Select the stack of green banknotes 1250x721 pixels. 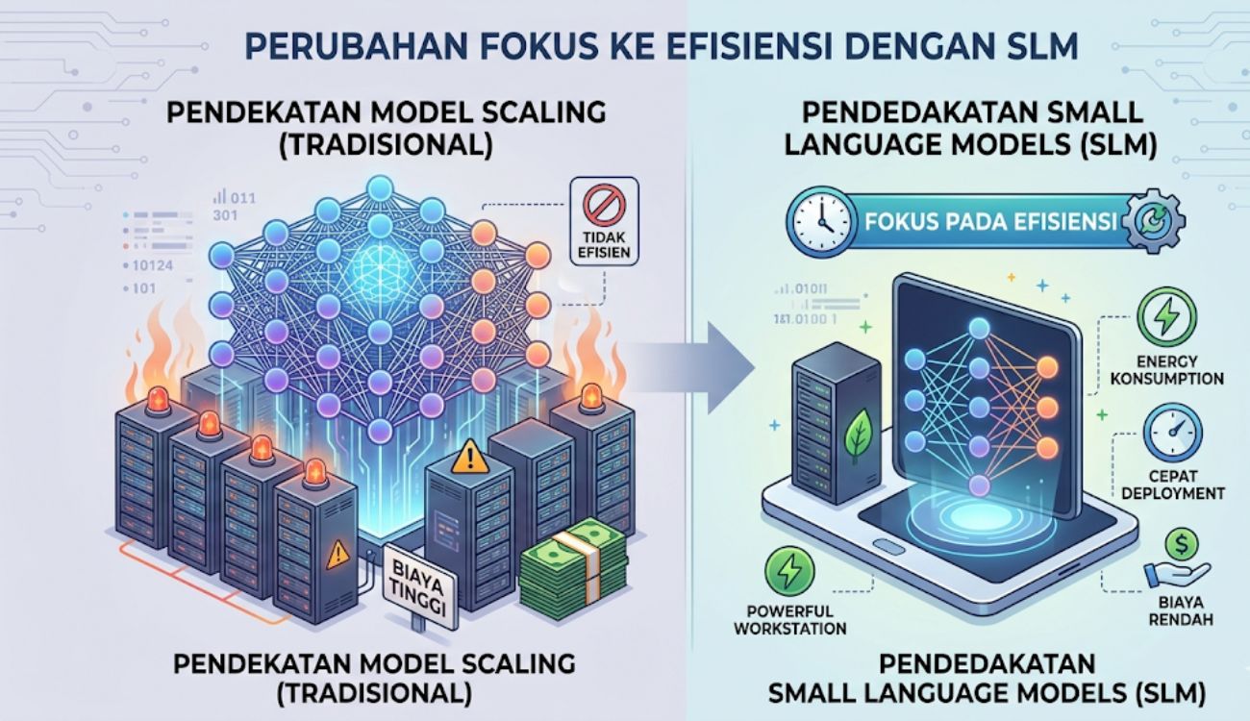point(574,563)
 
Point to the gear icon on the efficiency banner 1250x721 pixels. point(1154,221)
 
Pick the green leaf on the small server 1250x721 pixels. point(860,436)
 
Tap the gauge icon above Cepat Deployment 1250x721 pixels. point(1172,433)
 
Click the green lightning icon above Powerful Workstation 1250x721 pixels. point(789,572)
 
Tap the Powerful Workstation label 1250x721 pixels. point(789,620)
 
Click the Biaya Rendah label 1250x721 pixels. point(1181,611)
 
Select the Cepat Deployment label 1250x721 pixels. point(1172,485)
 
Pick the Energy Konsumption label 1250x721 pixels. point(1167,370)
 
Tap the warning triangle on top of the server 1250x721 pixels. point(470,457)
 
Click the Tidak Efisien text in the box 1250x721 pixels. point(604,244)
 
